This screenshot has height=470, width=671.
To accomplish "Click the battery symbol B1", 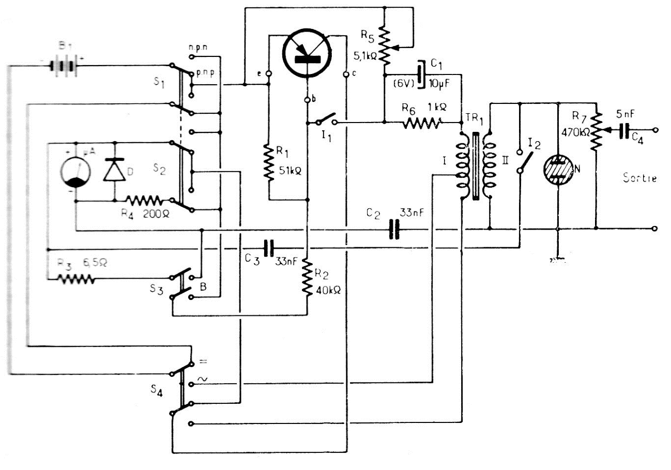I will click(x=64, y=66).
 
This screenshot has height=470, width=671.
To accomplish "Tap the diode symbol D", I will click(x=114, y=171).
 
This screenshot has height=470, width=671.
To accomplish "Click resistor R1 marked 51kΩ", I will click(x=268, y=162).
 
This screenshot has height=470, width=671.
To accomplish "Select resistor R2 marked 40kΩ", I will click(x=308, y=278).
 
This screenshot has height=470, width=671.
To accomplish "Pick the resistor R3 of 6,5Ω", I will click(x=75, y=279).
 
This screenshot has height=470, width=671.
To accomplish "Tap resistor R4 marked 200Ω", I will click(x=145, y=200).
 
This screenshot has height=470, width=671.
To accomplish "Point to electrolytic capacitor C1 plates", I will click(x=420, y=74).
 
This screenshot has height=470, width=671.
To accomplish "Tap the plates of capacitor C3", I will click(x=268, y=248).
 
